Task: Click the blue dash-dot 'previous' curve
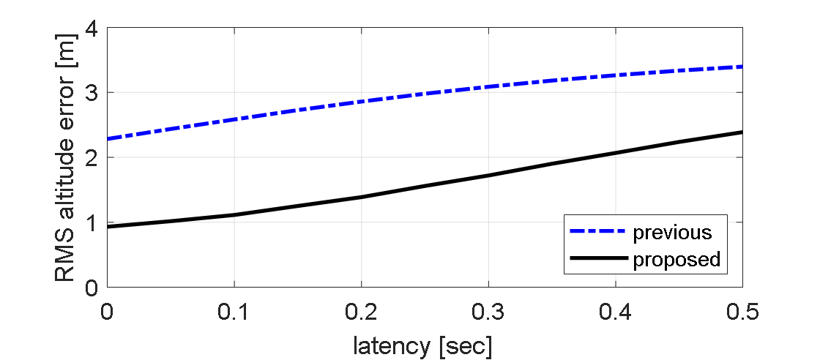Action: point(360,101)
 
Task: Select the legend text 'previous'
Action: point(672,233)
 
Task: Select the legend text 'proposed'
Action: point(676,259)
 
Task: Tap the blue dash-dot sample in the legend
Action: point(597,233)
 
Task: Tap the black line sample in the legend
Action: point(597,259)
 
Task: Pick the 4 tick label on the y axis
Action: point(91,29)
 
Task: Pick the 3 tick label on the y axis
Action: point(91,93)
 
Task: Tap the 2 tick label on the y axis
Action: point(91,157)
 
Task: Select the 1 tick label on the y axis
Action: point(91,222)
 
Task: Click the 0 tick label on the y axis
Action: point(91,287)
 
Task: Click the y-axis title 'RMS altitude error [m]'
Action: point(65,157)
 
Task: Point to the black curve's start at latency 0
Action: point(108,227)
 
